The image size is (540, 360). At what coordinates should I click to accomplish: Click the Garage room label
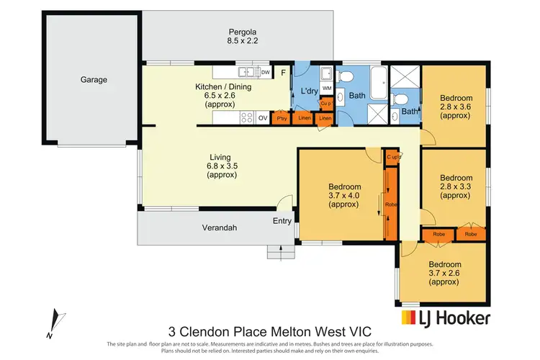94,80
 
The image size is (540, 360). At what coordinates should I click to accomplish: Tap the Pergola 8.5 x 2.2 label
243,36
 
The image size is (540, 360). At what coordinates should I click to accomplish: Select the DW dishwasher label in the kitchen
266,72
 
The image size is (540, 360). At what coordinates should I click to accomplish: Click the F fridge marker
284,73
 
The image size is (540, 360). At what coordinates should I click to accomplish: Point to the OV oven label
263,118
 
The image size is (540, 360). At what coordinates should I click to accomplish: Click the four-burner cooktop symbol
247,117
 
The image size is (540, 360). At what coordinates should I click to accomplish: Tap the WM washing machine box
326,88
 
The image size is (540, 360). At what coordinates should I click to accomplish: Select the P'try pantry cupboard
282,118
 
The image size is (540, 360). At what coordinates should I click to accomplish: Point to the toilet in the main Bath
343,75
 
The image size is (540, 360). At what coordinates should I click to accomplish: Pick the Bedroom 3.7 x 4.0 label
344,195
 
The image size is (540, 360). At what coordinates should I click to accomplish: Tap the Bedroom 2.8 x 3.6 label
456,107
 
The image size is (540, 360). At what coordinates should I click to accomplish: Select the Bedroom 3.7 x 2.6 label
445,273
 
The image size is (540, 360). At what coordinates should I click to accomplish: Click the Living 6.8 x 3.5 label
222,166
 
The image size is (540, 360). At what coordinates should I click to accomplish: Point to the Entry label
282,221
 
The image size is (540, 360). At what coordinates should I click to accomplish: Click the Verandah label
220,228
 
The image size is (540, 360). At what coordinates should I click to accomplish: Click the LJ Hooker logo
446,318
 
